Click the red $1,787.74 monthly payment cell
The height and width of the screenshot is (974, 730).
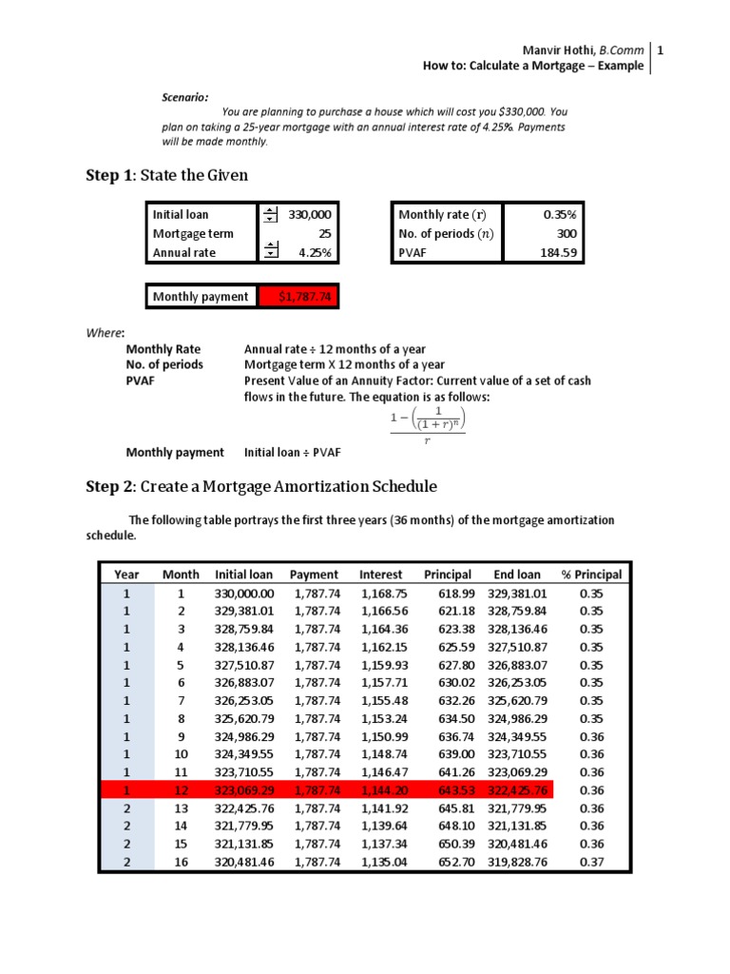[x=298, y=297]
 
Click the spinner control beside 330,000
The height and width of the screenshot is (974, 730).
[x=271, y=215]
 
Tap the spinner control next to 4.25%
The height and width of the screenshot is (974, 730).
[x=271, y=252]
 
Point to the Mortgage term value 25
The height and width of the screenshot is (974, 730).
[x=324, y=234]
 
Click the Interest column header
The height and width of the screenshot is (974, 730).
[x=380, y=575]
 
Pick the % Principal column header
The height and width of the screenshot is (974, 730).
[x=591, y=575]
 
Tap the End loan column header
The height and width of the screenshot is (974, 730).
[x=517, y=575]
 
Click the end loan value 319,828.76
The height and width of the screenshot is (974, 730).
[x=517, y=861]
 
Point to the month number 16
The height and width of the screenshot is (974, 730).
[x=181, y=861]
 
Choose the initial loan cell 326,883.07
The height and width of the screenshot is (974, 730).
[x=244, y=682]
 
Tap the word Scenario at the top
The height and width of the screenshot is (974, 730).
[x=184, y=97]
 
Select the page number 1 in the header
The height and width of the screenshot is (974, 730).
[x=660, y=49]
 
